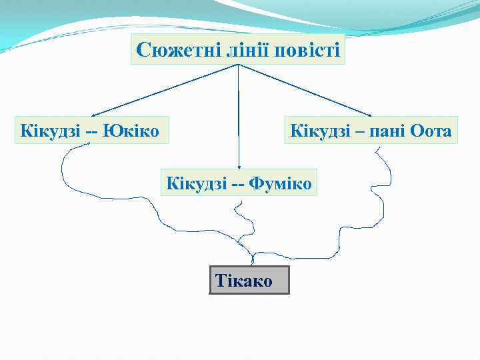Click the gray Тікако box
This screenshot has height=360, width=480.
[x=249, y=280]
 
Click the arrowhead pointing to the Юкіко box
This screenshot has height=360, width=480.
[x=94, y=115]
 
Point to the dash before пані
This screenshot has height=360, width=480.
[x=360, y=131]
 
